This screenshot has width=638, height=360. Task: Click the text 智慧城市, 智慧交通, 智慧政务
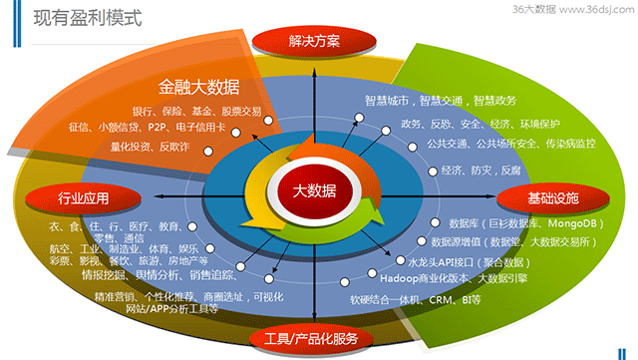tap(440, 101)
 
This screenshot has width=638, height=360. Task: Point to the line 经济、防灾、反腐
tap(480, 171)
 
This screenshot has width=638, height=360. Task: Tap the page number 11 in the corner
tap(621, 346)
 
